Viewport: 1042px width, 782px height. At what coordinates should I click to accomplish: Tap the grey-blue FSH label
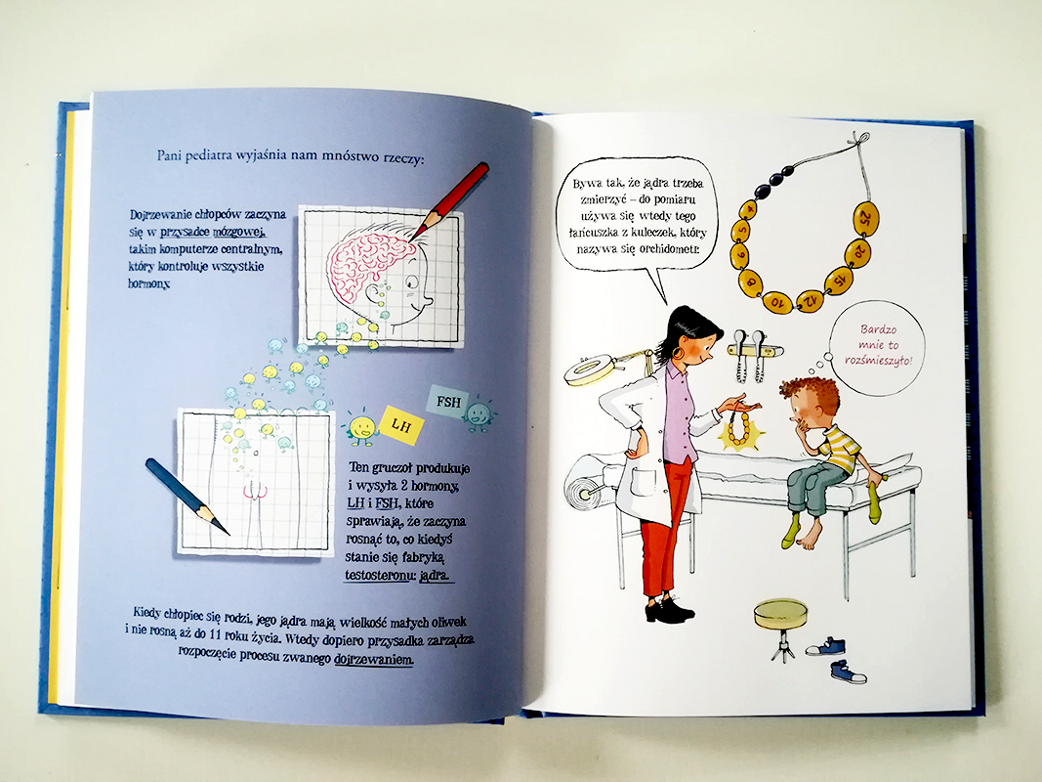[x=448, y=402]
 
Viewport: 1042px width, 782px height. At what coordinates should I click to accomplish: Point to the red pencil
[x=449, y=200]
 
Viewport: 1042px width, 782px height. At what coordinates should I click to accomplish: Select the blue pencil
[x=188, y=496]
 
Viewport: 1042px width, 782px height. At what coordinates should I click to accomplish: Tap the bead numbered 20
[x=858, y=253]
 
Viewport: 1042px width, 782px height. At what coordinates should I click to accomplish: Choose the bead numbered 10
[x=777, y=303]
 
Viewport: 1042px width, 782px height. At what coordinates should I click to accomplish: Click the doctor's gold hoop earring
[x=677, y=352]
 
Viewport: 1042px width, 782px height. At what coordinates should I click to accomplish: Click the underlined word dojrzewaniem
[x=373, y=659]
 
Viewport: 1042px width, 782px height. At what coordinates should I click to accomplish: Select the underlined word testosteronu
[x=377, y=575]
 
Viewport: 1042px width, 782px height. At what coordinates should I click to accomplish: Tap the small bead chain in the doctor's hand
[x=739, y=429]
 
